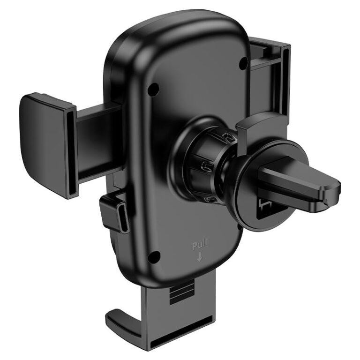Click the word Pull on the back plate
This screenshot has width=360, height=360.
199,246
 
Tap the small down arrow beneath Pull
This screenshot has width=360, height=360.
200,256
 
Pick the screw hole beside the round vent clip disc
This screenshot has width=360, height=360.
240,226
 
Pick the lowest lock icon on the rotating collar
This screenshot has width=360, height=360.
212,200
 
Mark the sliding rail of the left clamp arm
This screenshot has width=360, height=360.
98,141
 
